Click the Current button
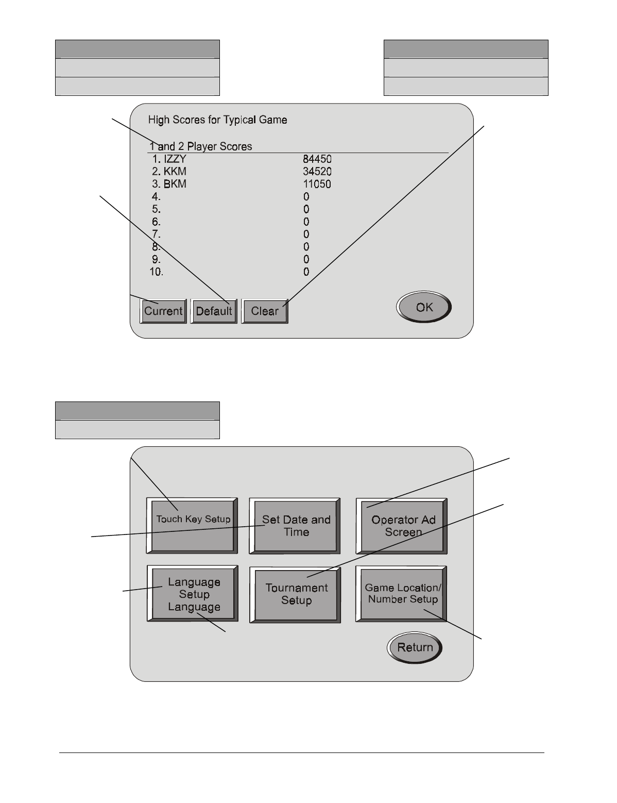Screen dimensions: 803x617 coord(163,311)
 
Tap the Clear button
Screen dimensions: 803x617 coord(265,311)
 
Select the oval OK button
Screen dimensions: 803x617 coord(424,308)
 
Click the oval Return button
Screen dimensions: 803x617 coord(415,647)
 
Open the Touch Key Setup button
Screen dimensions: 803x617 coord(192,526)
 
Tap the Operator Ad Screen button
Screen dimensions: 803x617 coord(402,526)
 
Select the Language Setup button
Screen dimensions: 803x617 coord(193,594)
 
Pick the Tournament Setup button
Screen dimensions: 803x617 coord(296,594)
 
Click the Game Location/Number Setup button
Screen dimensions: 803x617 coord(402,594)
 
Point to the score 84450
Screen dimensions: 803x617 coord(317,159)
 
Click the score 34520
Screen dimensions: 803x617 coord(317,172)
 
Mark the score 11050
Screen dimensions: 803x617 coord(317,185)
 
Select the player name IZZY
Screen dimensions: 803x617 coord(175,159)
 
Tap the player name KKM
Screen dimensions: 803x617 coord(175,172)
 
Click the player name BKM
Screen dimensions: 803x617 coord(175,185)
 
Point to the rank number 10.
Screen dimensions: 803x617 coord(156,272)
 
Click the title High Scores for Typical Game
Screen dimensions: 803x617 coord(217,120)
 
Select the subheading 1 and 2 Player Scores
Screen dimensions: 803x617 coord(201,146)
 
